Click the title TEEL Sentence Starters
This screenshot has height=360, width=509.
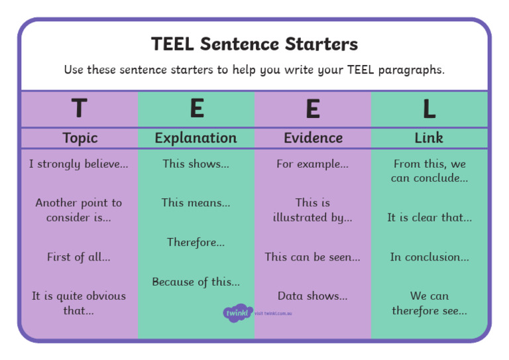tap(254, 44)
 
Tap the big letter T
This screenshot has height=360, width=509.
tap(79, 108)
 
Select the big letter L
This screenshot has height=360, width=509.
tap(429, 109)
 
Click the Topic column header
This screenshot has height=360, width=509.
tap(80, 138)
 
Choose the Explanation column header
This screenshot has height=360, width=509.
tap(196, 138)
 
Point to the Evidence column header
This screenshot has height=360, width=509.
tap(313, 138)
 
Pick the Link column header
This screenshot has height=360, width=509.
tap(429, 138)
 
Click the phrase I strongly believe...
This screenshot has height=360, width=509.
tap(79, 164)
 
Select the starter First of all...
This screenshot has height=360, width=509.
tap(79, 257)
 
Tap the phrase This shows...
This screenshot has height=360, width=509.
tap(196, 164)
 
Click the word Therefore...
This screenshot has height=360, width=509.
tap(196, 243)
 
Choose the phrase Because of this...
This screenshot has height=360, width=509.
tap(196, 282)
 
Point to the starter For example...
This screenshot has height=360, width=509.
tap(312, 164)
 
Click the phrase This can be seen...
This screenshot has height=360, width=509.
tap(312, 257)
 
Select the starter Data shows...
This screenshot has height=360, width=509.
tap(312, 296)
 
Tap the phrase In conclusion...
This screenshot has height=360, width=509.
tap(429, 257)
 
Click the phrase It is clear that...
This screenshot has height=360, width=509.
tap(429, 217)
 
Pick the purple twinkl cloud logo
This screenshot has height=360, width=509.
tap(237, 312)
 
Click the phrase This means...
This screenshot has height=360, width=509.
tap(196, 203)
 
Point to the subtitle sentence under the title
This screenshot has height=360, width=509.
tap(254, 70)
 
